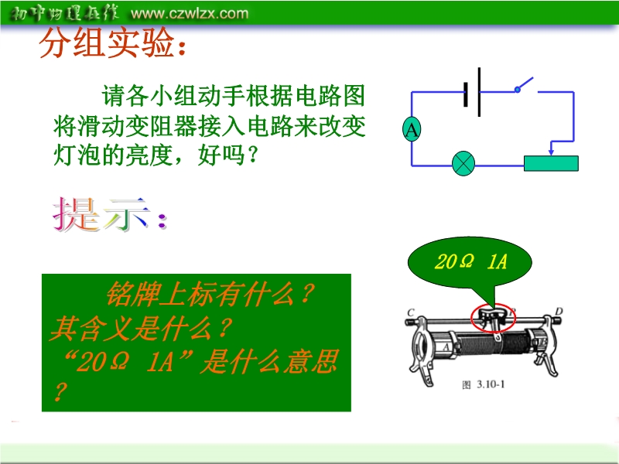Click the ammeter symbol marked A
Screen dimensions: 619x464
412,129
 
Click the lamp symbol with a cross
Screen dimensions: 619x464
463,163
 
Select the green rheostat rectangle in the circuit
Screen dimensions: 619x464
551,163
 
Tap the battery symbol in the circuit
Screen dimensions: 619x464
472,92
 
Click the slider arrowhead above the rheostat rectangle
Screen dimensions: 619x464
551,152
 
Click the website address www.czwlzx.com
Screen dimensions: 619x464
190,13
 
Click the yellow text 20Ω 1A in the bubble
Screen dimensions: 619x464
470,261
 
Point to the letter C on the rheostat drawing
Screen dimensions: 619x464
411,313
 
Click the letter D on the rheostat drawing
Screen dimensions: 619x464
559,312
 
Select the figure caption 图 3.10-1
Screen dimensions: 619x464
483,384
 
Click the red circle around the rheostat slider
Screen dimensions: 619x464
472,318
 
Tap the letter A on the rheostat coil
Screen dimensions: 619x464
446,347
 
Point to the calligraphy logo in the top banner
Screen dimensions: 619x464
63,13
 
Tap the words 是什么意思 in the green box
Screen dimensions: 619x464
269,361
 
